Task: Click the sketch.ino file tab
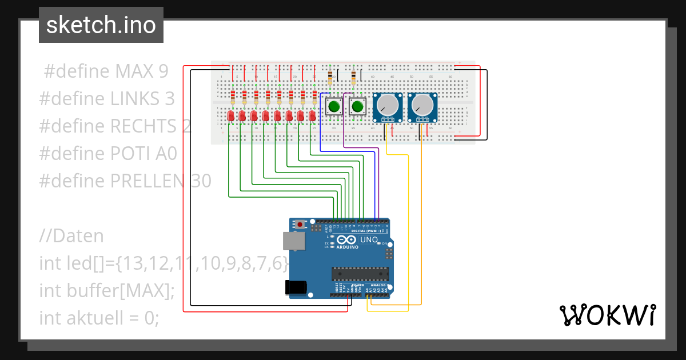pyautogui.click(x=101, y=25)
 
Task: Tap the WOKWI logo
pyautogui.click(x=607, y=315)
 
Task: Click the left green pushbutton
pyautogui.click(x=334, y=106)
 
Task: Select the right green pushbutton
pyautogui.click(x=358, y=106)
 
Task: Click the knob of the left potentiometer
pyautogui.click(x=388, y=105)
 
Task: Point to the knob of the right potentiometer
pyautogui.click(x=422, y=105)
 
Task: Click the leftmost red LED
pyautogui.click(x=230, y=117)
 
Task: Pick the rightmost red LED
pyautogui.click(x=312, y=117)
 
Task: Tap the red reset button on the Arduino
pyautogui.click(x=298, y=225)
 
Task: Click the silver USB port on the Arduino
pyautogui.click(x=293, y=242)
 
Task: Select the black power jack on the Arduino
pyautogui.click(x=295, y=287)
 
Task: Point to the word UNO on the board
pyautogui.click(x=369, y=240)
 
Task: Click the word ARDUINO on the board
pyautogui.click(x=347, y=247)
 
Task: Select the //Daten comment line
pyautogui.click(x=71, y=236)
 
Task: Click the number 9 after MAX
pyautogui.click(x=163, y=71)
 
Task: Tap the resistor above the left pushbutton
pyautogui.click(x=330, y=76)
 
